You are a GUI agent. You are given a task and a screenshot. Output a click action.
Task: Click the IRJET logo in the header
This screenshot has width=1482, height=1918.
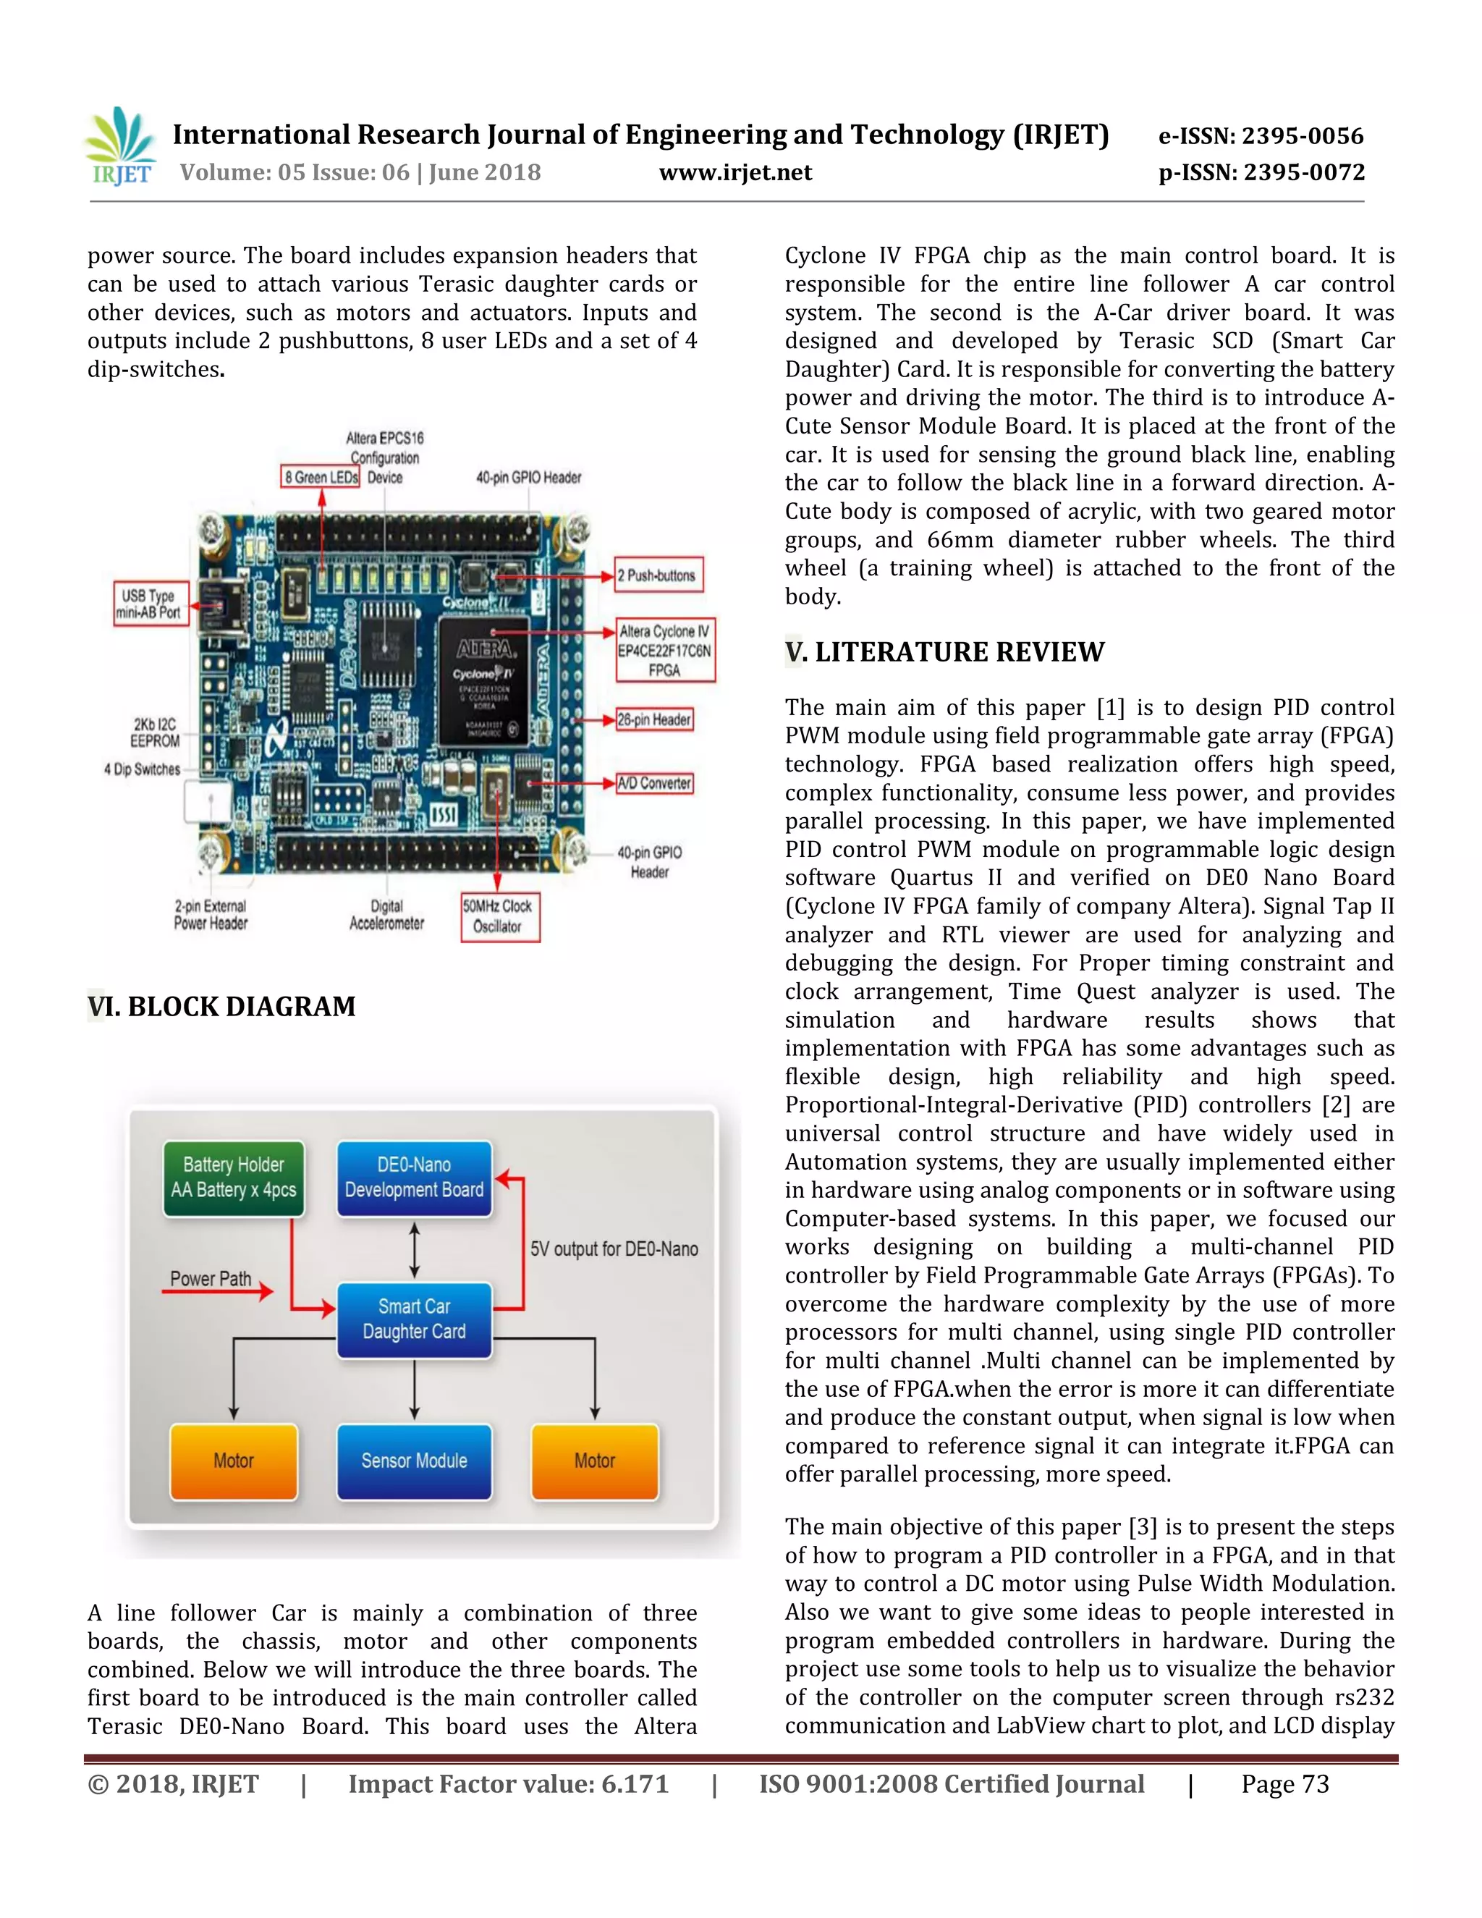120,147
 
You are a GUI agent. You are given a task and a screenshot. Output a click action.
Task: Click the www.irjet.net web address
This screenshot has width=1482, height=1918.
735,172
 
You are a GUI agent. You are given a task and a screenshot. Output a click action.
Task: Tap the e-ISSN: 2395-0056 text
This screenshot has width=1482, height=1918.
1261,136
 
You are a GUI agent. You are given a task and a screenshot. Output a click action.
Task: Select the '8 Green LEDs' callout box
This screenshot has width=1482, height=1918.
321,477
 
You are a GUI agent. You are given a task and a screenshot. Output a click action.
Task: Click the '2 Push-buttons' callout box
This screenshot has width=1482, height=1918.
658,575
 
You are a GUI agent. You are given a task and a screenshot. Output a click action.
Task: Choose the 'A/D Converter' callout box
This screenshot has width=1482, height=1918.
654,782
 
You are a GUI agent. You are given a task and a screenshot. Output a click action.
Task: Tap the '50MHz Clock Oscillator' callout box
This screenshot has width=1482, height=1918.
499,917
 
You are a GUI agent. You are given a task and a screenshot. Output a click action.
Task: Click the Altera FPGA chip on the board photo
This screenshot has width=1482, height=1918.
485,680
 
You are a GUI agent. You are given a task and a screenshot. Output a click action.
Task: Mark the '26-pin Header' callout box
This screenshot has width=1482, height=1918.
654,719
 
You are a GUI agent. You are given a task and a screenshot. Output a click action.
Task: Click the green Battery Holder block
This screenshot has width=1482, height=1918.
234,1178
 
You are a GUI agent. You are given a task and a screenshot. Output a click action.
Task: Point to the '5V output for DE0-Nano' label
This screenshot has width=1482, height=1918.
614,1249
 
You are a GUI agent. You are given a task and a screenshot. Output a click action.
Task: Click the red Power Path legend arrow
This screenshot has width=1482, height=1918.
218,1292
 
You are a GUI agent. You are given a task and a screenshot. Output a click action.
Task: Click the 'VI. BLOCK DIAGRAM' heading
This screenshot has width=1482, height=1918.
221,1007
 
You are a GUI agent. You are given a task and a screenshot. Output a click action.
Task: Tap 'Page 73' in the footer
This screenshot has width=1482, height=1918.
1284,1785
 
